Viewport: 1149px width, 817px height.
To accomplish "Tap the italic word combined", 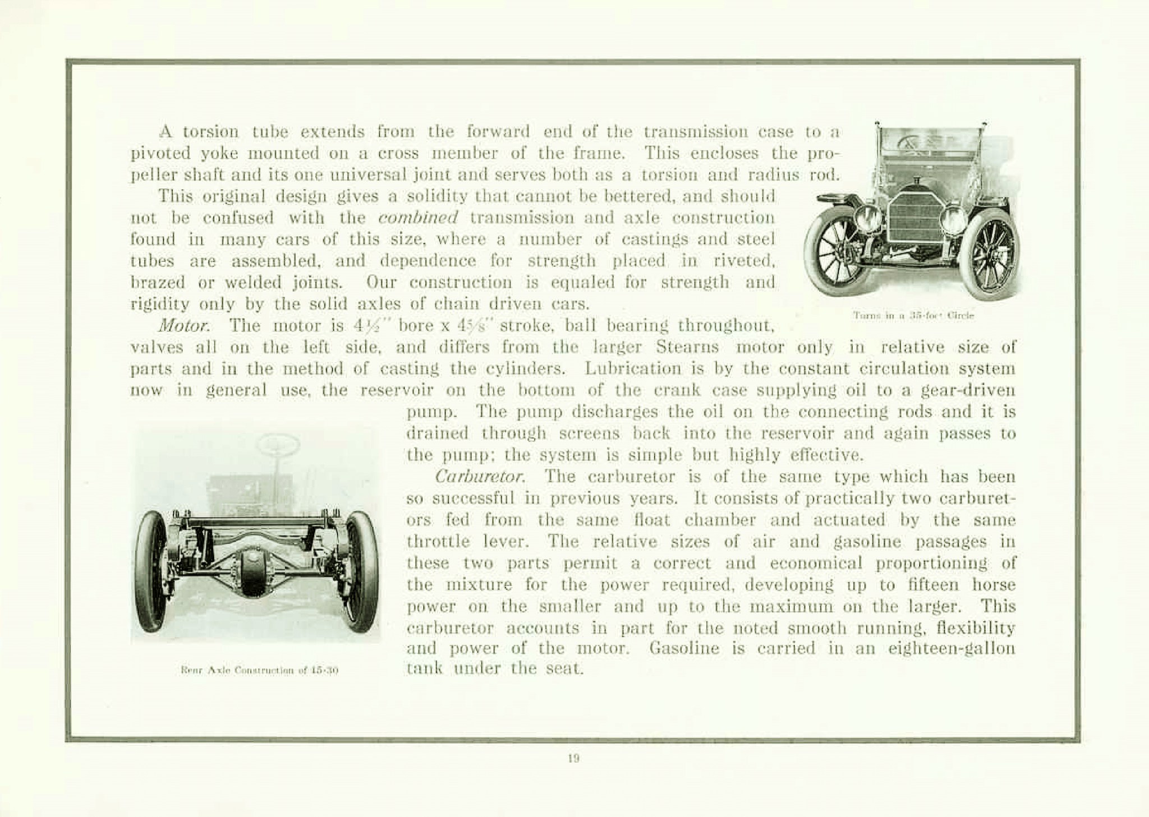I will [418, 218].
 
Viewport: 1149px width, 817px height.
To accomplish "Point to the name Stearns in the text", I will [687, 347].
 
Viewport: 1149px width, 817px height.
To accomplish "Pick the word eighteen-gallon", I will [952, 649].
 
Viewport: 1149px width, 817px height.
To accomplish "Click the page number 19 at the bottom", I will [573, 759].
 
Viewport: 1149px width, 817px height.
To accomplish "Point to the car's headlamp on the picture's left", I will [867, 218].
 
